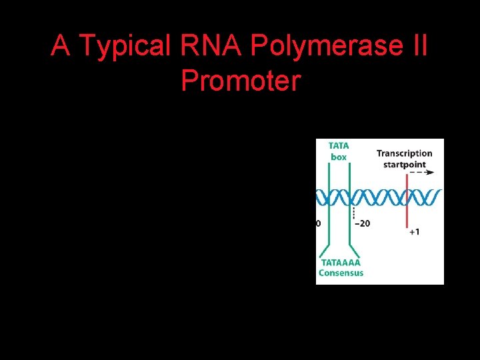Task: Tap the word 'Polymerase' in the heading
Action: click(x=321, y=46)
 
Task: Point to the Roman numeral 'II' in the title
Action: click(x=417, y=46)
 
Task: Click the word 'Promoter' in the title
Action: click(x=241, y=81)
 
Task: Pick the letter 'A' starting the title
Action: click(x=61, y=46)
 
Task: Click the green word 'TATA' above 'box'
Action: click(x=339, y=146)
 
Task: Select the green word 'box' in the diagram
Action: click(x=339, y=157)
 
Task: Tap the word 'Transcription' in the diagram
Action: click(x=404, y=153)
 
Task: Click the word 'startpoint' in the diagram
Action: click(x=404, y=164)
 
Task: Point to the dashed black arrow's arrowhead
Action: click(x=431, y=173)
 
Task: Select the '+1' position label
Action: click(x=414, y=232)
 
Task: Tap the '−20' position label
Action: click(x=361, y=224)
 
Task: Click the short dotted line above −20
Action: click(x=353, y=212)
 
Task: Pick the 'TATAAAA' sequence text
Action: click(x=340, y=263)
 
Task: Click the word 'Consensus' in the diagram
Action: click(x=341, y=273)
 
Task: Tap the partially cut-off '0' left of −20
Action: click(x=318, y=224)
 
